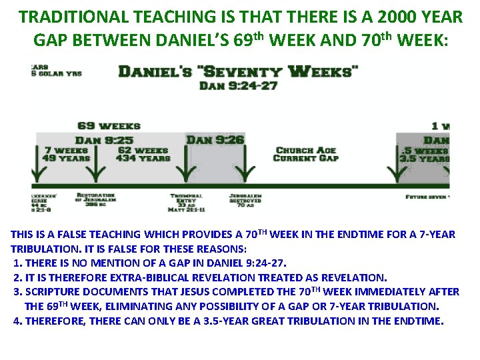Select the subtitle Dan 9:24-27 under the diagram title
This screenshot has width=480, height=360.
coord(238,85)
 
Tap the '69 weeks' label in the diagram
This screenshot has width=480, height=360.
coord(109,125)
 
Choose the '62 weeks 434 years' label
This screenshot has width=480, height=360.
coord(143,154)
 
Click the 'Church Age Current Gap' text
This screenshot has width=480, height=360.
coord(306,154)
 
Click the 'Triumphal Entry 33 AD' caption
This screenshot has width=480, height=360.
coord(186,203)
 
